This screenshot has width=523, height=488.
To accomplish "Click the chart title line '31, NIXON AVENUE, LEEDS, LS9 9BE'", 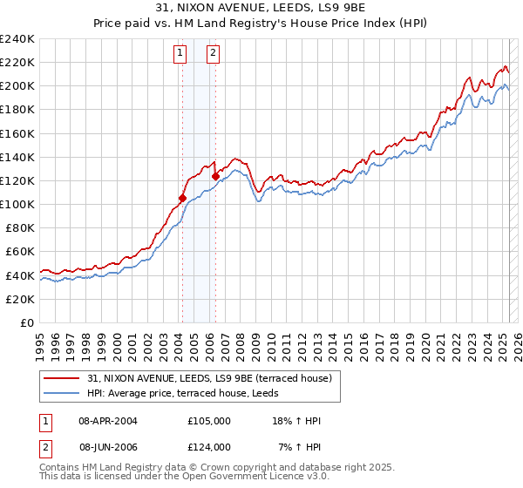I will tap(261, 8).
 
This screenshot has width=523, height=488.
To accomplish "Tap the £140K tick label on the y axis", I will tap(17, 157).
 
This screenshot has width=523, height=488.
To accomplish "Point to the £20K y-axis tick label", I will tap(20, 299).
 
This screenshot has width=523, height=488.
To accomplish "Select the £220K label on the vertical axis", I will tap(17, 63).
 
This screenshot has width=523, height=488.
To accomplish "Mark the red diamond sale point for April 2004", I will tap(182, 198).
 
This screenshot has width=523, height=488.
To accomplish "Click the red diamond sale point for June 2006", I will tap(215, 175).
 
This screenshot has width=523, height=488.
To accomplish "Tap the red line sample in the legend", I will tap(63, 378).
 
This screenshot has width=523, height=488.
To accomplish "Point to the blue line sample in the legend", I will tap(63, 393).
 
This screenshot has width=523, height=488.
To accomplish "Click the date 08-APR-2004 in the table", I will tap(108, 421).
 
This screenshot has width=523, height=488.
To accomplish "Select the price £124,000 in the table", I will tap(208, 447).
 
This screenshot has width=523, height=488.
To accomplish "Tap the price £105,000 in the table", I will tap(208, 421).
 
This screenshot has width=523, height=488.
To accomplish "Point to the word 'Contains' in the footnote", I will tap(59, 468).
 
